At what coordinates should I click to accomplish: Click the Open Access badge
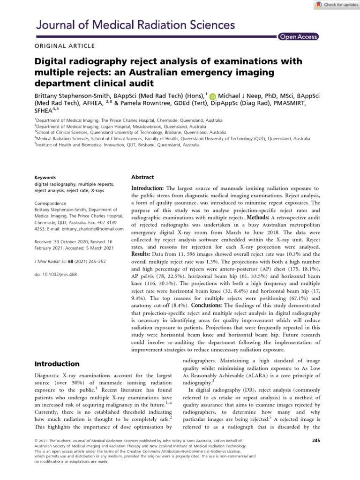coord(298,37)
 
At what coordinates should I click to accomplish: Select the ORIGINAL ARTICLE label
coord(65,46)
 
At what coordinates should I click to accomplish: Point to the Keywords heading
coord(46,178)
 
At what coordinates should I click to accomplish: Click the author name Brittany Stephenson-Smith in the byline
coord(72,96)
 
